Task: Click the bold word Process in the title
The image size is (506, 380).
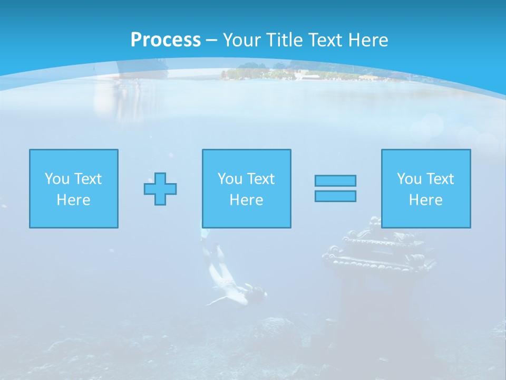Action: (x=166, y=40)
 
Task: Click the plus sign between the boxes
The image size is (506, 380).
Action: (x=160, y=189)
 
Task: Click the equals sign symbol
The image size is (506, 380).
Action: (x=335, y=188)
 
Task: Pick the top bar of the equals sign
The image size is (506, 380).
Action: (x=335, y=180)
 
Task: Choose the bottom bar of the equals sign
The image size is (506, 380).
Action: (x=335, y=196)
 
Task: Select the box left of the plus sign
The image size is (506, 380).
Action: (x=74, y=188)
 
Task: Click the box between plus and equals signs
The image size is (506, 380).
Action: (x=246, y=188)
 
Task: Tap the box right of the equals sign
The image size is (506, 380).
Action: (x=426, y=188)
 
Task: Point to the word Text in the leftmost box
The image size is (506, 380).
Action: (x=87, y=179)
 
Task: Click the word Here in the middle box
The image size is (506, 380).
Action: (x=246, y=200)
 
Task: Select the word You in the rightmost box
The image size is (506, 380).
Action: (x=408, y=179)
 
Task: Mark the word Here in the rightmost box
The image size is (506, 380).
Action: (x=426, y=200)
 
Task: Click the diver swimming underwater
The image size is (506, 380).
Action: (x=229, y=280)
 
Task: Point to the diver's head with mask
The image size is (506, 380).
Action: (x=258, y=292)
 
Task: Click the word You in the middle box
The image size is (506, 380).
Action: (x=229, y=179)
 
